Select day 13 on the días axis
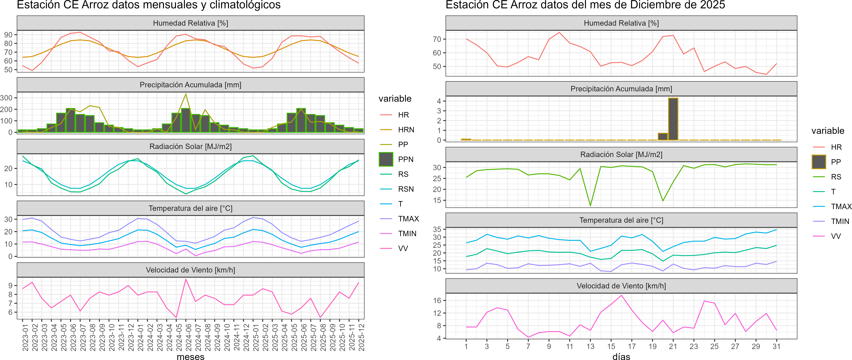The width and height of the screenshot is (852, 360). (590, 346)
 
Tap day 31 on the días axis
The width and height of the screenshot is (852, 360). (776, 346)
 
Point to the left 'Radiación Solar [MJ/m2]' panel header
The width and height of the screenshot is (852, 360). (190, 146)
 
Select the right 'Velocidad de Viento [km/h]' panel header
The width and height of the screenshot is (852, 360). (621, 286)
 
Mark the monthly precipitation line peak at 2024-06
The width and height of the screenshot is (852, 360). (186, 94)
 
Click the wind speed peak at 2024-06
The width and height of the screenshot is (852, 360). (186, 279)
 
